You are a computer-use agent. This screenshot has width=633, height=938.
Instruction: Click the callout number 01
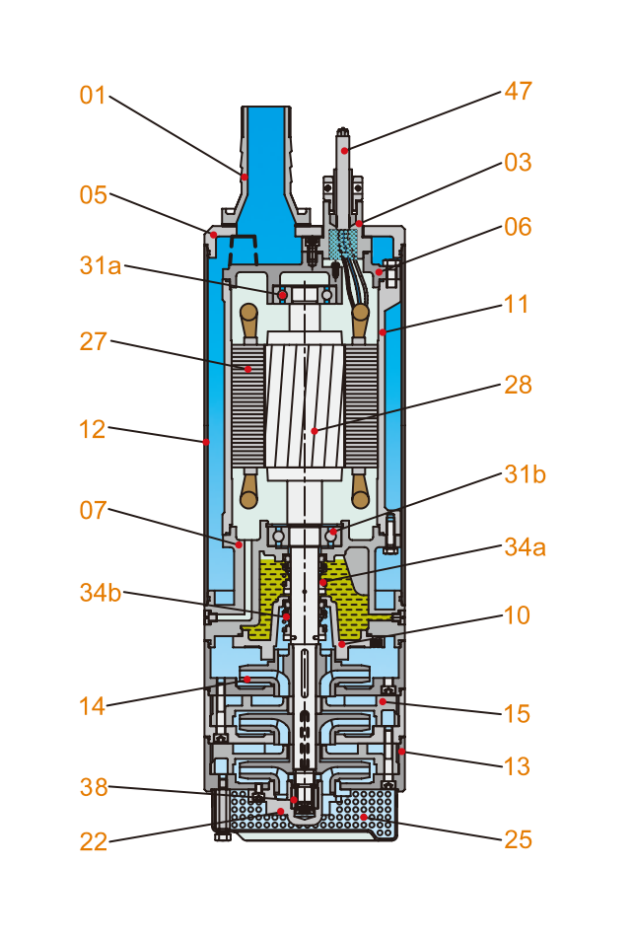tap(93, 96)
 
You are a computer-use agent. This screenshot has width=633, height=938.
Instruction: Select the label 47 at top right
tap(518, 92)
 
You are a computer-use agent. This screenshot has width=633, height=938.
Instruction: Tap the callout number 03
tap(518, 162)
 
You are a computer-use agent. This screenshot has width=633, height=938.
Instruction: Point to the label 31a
tap(102, 265)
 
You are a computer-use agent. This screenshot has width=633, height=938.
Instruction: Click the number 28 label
tap(518, 384)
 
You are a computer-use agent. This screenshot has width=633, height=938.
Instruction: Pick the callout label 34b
tap(102, 593)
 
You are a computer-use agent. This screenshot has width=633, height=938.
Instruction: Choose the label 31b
tap(525, 473)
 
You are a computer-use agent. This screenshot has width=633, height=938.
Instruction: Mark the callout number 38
tap(93, 787)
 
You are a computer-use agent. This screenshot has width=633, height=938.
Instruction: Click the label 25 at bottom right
tap(518, 839)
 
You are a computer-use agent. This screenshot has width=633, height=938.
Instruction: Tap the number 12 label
tap(93, 429)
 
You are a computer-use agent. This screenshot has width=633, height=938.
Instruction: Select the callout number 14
tap(93, 705)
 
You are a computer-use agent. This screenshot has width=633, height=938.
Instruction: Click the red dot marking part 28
tap(314, 431)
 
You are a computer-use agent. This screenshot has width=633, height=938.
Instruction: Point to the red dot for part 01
tap(244, 176)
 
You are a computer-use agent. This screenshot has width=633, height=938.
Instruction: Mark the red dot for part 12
tap(205, 441)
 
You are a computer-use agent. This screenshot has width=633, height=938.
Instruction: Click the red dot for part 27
tap(248, 369)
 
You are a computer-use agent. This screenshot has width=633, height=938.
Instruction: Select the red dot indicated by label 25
tap(364, 817)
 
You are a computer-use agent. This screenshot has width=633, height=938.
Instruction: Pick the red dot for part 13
tap(401, 752)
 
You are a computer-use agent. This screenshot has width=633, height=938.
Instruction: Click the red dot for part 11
tap(383, 332)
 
